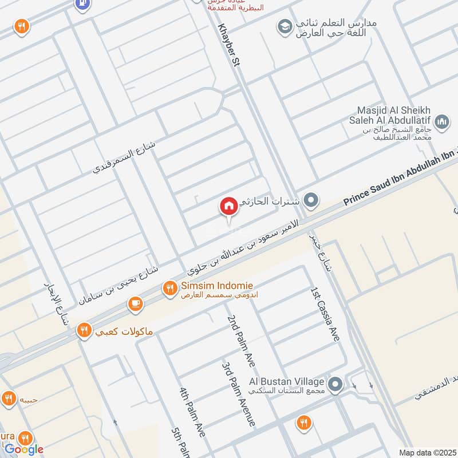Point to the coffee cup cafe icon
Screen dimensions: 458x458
[x=135, y=305]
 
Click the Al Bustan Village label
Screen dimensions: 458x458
[x=286, y=381]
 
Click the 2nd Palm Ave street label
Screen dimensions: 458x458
[x=240, y=341]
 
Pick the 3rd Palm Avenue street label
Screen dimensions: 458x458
[x=239, y=393]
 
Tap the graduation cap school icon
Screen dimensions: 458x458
[x=284, y=26]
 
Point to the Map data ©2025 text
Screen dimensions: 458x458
[x=427, y=452]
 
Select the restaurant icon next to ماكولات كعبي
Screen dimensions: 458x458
[x=85, y=330]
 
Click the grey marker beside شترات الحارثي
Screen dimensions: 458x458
[x=311, y=200]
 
